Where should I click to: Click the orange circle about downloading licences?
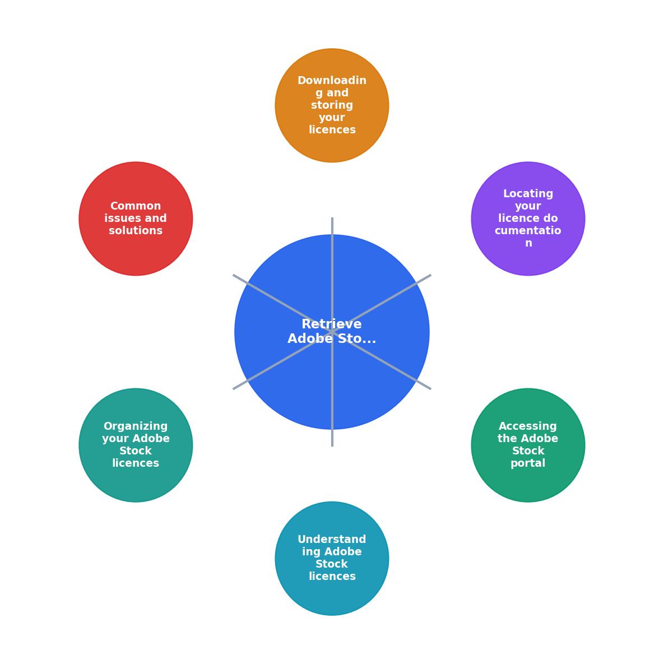332,105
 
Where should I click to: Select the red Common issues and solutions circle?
136,219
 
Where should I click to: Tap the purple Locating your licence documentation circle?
528,219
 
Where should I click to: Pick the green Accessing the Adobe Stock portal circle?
528,445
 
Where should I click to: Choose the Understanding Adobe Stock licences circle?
332,559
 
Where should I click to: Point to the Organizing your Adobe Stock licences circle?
136,445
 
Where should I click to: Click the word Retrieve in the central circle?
332,324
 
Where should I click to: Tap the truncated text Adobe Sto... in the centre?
332,338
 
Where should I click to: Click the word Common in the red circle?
136,206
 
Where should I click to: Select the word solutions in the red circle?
136,230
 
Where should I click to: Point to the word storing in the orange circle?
332,105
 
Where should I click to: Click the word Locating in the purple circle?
528,194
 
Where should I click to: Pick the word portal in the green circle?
528,463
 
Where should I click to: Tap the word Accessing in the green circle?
528,426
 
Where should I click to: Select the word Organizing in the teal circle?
136,426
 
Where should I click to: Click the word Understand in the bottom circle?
332,539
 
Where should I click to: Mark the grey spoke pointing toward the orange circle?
332,275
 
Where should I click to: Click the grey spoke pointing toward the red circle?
282,303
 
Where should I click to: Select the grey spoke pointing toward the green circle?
382,360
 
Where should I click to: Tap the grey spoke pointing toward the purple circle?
382,303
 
